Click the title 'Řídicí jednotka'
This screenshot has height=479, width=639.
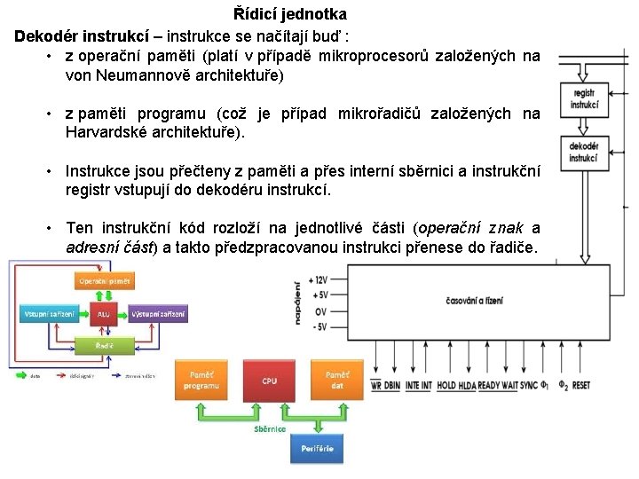(290, 14)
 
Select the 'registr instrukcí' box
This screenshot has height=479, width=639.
(584, 98)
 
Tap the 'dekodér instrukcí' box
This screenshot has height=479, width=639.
(583, 153)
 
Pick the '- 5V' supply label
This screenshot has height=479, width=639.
(315, 326)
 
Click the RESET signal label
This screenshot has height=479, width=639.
(581, 386)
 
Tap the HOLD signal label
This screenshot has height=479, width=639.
(446, 386)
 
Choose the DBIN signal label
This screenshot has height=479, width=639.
(392, 386)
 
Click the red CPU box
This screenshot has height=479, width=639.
(270, 381)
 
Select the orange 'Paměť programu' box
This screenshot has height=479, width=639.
(201, 381)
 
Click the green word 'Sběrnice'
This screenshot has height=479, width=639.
(270, 428)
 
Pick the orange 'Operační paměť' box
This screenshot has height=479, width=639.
(105, 281)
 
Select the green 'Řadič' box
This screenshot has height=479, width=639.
(105, 343)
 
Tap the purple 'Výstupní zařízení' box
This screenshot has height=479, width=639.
(159, 314)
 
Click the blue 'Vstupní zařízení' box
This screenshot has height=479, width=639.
(50, 314)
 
